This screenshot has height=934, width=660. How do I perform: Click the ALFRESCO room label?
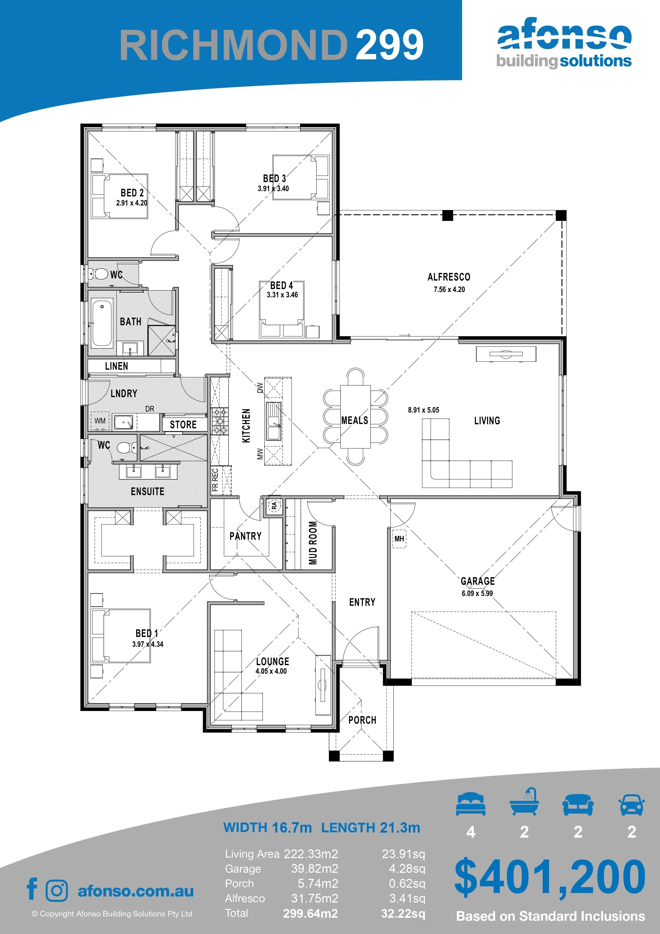click(x=449, y=277)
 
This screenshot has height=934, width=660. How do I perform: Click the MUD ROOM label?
click(x=313, y=543)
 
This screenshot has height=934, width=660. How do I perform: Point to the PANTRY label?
click(x=245, y=536)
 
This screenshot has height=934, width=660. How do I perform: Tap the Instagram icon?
click(x=57, y=890)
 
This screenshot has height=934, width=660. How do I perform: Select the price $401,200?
click(x=550, y=877)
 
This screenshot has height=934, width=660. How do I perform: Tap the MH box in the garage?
click(x=399, y=538)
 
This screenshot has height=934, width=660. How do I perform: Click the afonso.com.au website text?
click(x=136, y=891)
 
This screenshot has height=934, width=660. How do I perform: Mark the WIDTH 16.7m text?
click(x=268, y=828)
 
